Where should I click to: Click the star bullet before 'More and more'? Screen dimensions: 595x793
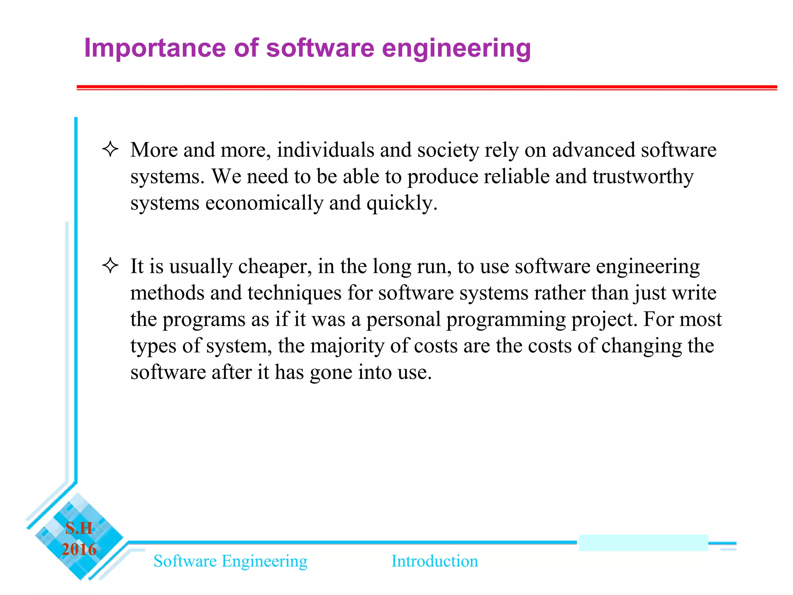(x=110, y=149)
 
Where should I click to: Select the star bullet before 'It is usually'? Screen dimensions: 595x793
(x=110, y=266)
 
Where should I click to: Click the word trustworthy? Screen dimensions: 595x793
(x=643, y=177)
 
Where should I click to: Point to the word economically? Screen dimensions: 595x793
(x=264, y=203)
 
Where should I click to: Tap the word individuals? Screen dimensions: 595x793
(x=325, y=150)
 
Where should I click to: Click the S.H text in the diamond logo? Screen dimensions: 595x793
(x=79, y=528)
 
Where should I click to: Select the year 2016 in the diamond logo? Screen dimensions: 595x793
(x=79, y=549)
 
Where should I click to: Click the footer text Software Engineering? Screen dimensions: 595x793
(x=230, y=561)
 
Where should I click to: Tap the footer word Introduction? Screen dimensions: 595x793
(x=434, y=561)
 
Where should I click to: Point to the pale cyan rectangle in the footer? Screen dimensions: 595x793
(x=643, y=543)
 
